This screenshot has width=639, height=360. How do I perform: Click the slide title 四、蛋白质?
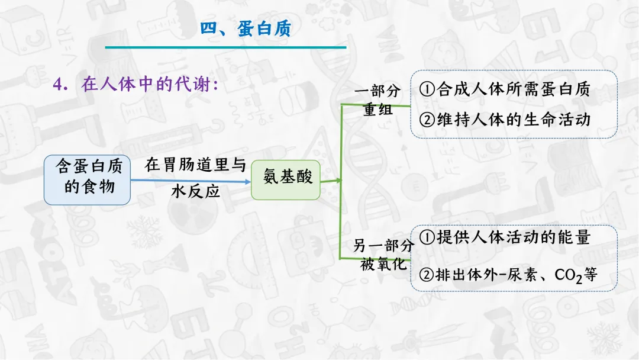[246, 28]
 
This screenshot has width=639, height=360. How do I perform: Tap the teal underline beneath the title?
[225, 47]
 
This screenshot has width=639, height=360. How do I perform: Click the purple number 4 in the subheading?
[58, 85]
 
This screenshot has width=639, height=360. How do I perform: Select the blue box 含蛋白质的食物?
[88, 179]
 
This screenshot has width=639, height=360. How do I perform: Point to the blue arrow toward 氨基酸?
[189, 182]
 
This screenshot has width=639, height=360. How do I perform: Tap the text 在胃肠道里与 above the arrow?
[195, 165]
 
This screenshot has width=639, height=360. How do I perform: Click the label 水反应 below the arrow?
[195, 191]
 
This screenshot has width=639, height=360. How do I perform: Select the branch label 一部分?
[377, 91]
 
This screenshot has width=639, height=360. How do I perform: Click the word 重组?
[377, 110]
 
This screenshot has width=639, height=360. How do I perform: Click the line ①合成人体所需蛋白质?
[505, 89]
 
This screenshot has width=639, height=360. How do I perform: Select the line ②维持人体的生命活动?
[505, 119]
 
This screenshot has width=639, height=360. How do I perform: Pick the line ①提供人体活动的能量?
[505, 237]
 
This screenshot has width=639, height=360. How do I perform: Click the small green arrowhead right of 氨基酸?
[339, 180]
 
